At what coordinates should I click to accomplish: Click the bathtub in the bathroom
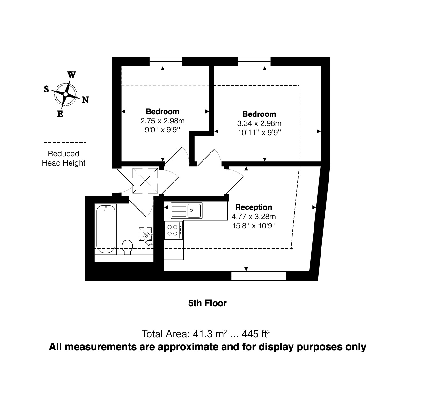tap(106, 229)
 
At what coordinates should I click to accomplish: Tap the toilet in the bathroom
tap(128, 247)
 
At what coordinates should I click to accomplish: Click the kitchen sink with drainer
tap(187, 211)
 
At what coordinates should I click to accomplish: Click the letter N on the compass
tap(85, 100)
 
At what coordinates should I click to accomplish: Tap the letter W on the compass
tap(72, 75)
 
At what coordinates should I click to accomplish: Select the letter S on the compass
tap(47, 89)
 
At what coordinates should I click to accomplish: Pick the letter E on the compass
tap(60, 114)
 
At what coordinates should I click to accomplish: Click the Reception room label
tap(254, 207)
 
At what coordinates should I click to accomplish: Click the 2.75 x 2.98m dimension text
tap(162, 121)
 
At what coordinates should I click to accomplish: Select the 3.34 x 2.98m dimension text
tap(259, 123)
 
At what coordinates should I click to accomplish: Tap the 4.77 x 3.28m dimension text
tap(254, 217)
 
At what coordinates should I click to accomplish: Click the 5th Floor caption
tap(207, 303)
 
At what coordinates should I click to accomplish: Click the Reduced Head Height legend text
tap(64, 158)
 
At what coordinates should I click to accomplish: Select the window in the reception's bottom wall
tap(258, 276)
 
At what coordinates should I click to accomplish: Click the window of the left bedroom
tap(166, 61)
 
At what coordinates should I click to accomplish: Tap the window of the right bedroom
tap(254, 61)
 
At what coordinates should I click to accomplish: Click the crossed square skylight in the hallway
tap(145, 181)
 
